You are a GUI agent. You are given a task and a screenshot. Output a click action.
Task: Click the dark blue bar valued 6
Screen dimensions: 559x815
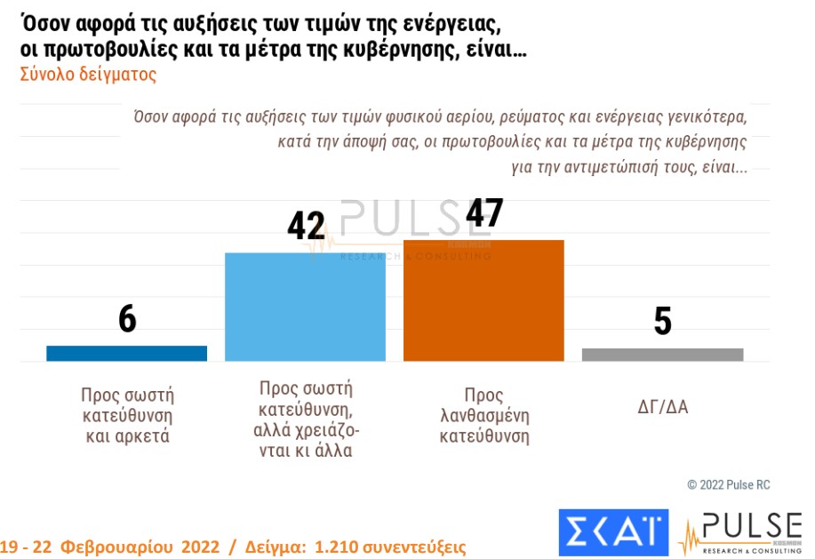tap(126, 353)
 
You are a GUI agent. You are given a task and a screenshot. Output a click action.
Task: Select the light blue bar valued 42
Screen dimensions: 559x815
tap(305, 307)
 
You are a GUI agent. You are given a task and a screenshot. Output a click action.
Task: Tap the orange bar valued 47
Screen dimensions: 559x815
tap(483, 300)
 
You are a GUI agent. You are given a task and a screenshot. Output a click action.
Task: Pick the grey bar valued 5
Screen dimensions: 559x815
tap(662, 355)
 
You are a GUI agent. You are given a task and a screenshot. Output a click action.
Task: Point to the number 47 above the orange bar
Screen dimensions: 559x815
tap(483, 213)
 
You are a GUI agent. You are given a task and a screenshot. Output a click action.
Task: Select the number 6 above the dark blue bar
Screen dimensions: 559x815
tap(127, 320)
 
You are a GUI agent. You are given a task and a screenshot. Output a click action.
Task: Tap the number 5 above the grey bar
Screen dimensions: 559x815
tap(662, 322)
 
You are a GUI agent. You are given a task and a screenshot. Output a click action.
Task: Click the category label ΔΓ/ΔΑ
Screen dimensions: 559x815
tap(662, 408)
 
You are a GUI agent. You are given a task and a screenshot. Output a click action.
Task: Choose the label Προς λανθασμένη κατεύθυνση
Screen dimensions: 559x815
tap(483, 416)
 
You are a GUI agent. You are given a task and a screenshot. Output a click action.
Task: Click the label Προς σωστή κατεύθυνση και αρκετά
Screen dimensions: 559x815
tap(126, 415)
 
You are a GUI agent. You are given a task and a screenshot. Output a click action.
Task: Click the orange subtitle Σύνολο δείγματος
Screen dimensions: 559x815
tap(88, 75)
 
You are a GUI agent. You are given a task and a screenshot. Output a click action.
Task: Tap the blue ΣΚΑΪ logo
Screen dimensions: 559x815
tap(613, 531)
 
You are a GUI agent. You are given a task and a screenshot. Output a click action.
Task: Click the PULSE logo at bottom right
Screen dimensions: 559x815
tap(739, 531)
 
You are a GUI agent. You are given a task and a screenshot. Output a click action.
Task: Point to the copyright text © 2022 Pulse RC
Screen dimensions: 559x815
tap(728, 485)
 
